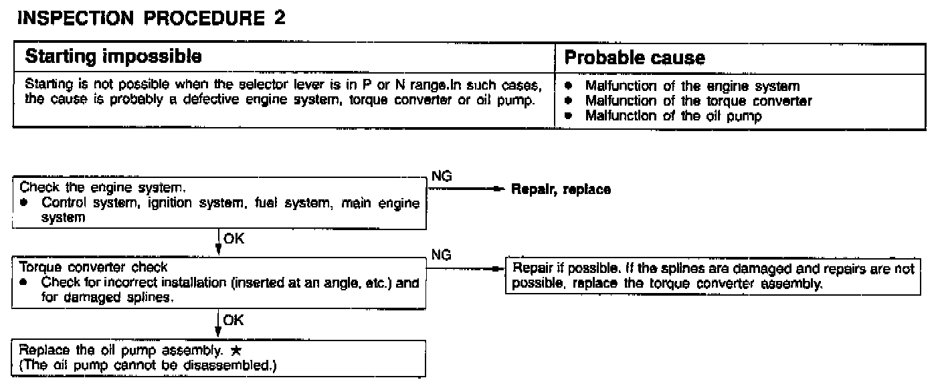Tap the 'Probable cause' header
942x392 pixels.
(634, 58)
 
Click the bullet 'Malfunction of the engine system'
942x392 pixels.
(692, 86)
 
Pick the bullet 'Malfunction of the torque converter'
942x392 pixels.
(698, 101)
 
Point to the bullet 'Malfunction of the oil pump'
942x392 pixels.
(674, 115)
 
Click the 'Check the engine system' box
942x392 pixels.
(219, 202)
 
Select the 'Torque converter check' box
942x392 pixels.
(219, 283)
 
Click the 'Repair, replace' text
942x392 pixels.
(561, 189)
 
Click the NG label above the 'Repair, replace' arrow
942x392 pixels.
(442, 176)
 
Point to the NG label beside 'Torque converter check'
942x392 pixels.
(442, 255)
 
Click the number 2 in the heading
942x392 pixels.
(279, 18)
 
